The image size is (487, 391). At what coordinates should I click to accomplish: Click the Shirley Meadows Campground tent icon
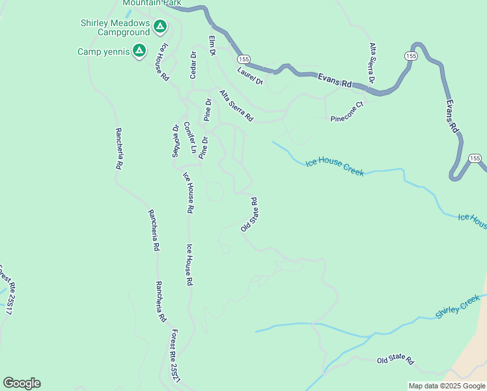pos(160,27)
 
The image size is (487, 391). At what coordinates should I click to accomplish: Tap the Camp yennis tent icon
pos(139,51)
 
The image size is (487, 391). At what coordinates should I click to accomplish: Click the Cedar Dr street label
pos(193,65)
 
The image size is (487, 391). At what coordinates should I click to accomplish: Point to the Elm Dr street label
pos(212,46)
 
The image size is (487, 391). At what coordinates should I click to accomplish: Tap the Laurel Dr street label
pos(249,76)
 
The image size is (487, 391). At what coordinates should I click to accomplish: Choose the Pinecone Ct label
pos(346,112)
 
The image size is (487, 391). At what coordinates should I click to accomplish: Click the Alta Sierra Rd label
pos(236,106)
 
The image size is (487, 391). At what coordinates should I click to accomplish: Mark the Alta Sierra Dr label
pos(372,63)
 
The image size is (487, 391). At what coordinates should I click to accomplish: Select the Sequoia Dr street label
pos(175,141)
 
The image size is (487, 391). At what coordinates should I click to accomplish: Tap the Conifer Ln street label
pos(189,138)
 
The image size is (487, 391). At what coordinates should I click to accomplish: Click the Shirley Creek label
pos(457,306)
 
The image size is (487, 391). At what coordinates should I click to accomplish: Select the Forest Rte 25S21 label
pos(173,355)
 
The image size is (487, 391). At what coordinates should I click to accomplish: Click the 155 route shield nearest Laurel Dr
pos(240,59)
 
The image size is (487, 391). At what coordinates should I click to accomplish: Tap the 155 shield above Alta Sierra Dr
pos(410,57)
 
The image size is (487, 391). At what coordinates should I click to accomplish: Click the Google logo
pos(21,383)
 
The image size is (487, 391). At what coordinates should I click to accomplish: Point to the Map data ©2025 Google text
pos(447,386)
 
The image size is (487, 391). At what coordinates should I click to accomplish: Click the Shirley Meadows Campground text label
pos(115,27)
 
